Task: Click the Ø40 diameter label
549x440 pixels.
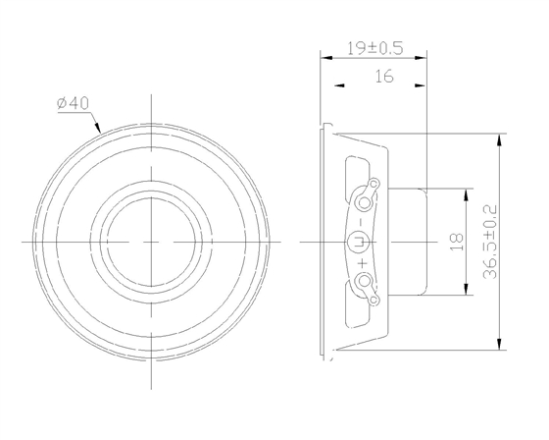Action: click(x=75, y=103)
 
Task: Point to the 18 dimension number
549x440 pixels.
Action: click(x=455, y=241)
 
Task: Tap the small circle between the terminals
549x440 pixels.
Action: click(x=357, y=241)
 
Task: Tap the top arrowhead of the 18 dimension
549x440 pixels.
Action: click(x=464, y=191)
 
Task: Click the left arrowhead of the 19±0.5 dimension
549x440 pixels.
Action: click(x=325, y=57)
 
